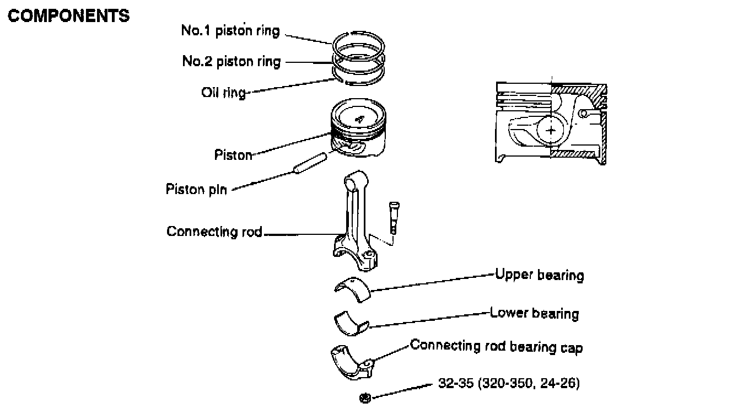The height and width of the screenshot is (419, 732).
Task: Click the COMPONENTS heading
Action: pyautogui.click(x=69, y=16)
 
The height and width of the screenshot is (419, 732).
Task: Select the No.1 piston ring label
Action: pyautogui.click(x=230, y=31)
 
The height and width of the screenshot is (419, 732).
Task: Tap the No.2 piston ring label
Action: pyautogui.click(x=231, y=61)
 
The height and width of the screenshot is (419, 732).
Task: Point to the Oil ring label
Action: pyautogui.click(x=223, y=92)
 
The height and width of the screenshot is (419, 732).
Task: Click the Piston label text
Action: pyautogui.click(x=233, y=155)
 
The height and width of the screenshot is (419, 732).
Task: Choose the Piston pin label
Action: pyautogui.click(x=196, y=190)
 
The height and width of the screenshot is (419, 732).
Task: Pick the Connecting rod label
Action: pyautogui.click(x=214, y=232)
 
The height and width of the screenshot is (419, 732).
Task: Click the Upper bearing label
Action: pyautogui.click(x=539, y=275)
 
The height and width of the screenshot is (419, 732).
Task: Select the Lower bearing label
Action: pyautogui.click(x=534, y=314)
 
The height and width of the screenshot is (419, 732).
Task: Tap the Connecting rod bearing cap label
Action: pyautogui.click(x=496, y=347)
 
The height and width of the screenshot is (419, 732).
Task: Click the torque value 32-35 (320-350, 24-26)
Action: pyautogui.click(x=509, y=383)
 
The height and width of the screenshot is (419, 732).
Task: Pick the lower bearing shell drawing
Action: pyautogui.click(x=351, y=323)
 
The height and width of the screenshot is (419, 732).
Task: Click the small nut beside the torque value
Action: pyautogui.click(x=364, y=397)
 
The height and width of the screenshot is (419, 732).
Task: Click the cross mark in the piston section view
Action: pyautogui.click(x=551, y=130)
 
